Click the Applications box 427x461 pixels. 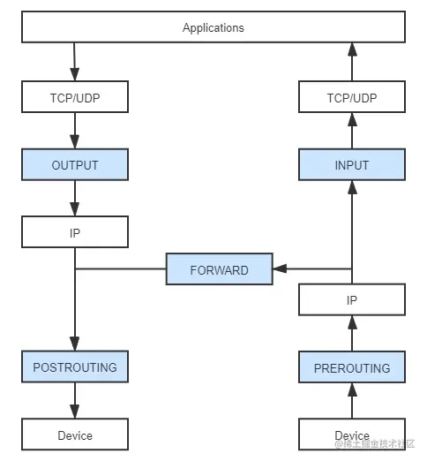(x=213, y=27)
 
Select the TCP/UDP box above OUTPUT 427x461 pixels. (x=75, y=98)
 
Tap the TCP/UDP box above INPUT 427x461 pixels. (x=352, y=98)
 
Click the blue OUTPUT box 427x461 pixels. (x=75, y=165)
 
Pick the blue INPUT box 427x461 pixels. (x=352, y=165)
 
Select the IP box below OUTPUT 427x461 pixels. (x=75, y=233)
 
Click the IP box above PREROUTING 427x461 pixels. (x=352, y=300)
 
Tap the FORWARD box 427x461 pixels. (x=219, y=269)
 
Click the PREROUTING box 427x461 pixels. (x=352, y=368)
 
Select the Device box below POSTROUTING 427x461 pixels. (x=75, y=435)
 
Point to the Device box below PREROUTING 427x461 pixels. (x=352, y=435)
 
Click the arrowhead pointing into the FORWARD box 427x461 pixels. (x=279, y=269)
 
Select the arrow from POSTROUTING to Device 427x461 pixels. (x=75, y=402)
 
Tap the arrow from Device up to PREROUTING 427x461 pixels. (x=352, y=402)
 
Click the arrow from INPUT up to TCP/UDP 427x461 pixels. (x=352, y=132)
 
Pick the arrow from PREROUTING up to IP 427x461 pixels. (x=352, y=335)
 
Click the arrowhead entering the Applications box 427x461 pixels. (x=352, y=49)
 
